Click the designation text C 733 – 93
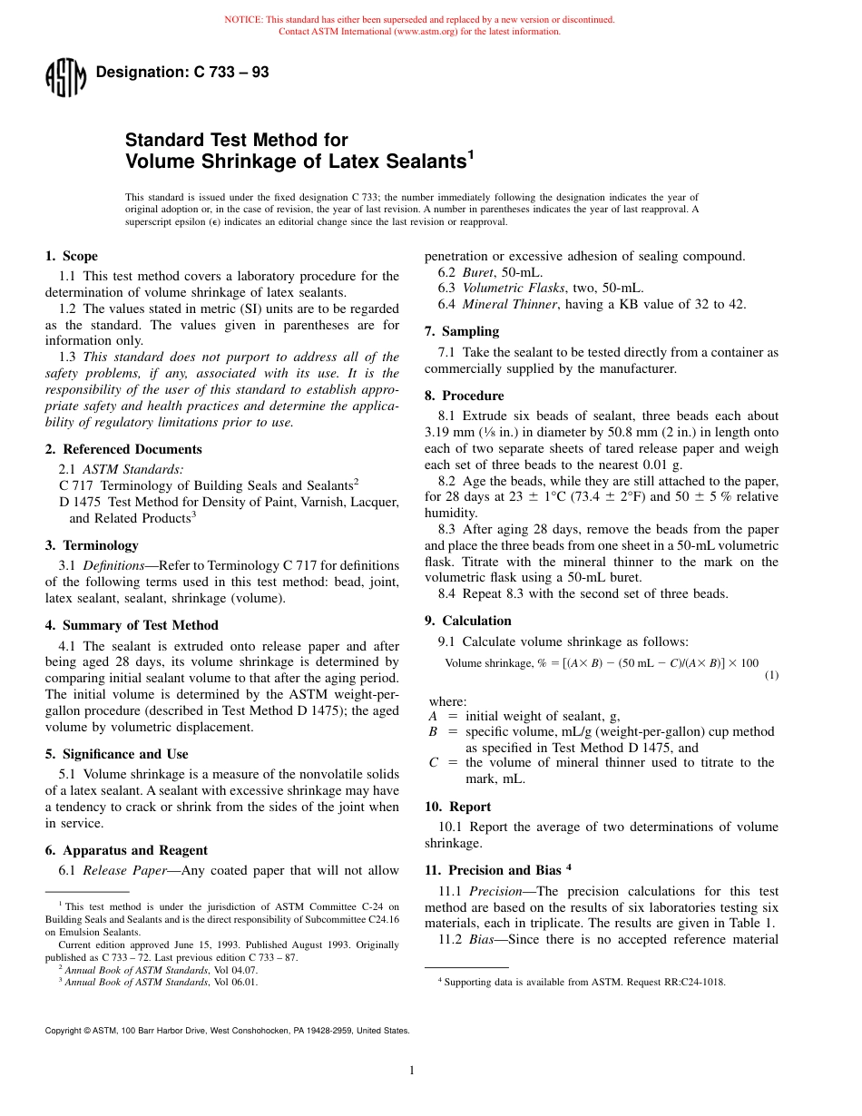click(181, 73)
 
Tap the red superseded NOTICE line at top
click(419, 19)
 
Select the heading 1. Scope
click(72, 257)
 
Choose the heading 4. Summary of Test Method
click(132, 625)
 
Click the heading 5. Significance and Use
click(117, 754)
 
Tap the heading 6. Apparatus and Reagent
click(126, 850)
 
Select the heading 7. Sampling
click(462, 331)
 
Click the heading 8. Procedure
click(465, 396)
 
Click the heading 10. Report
click(458, 807)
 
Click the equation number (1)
click(770, 675)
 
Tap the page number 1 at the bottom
click(412, 1071)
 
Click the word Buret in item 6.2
click(478, 271)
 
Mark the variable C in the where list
click(433, 763)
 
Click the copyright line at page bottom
click(227, 1031)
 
